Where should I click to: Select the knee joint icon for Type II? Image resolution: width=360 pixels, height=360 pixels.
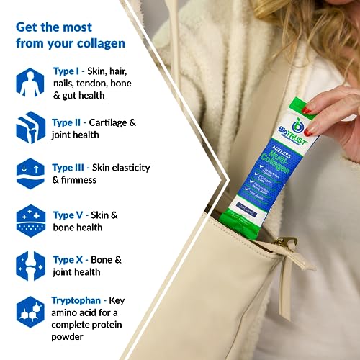(30, 127)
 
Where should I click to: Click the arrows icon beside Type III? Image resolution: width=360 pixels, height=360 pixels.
(30, 173)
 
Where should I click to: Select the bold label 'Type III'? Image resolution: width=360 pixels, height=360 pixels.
(73, 167)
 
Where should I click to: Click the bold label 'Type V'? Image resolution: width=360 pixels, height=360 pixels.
(71, 215)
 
